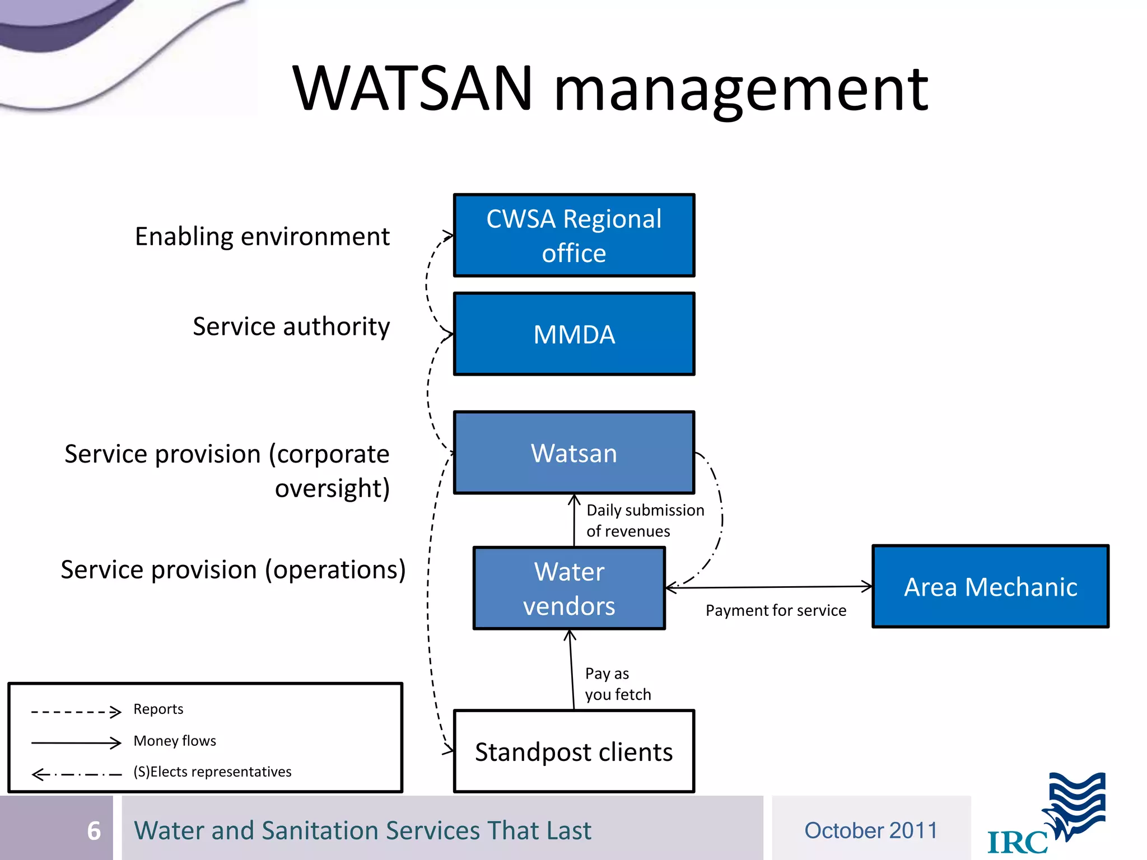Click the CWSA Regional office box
pos(573,235)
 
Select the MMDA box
pos(573,334)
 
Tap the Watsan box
pos(573,453)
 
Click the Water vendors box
pos(569,588)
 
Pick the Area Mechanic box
pos(990,587)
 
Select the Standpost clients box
pos(573,751)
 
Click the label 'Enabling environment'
pos(262,236)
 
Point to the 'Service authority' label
pos(291,326)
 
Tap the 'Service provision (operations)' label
pos(233,569)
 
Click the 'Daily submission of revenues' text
pos(644,520)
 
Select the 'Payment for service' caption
pos(776,610)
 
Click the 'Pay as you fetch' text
pos(617,684)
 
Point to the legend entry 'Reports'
pos(158,709)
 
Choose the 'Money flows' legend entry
pos(175,741)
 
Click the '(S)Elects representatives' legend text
pos(212,772)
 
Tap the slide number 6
pos(94,830)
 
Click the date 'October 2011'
pos(871,830)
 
